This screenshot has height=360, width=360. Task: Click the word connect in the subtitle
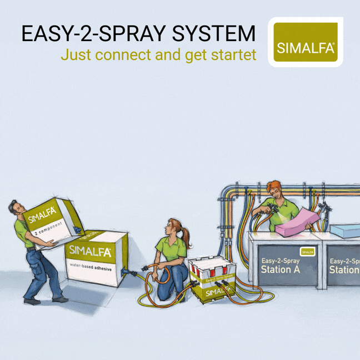pyautogui.click(x=129, y=54)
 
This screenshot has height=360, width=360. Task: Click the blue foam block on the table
pyautogui.click(x=346, y=230)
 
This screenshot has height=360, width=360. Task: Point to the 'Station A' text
pyautogui.click(x=276, y=269)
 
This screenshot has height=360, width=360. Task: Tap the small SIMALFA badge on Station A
pyautogui.click(x=307, y=251)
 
